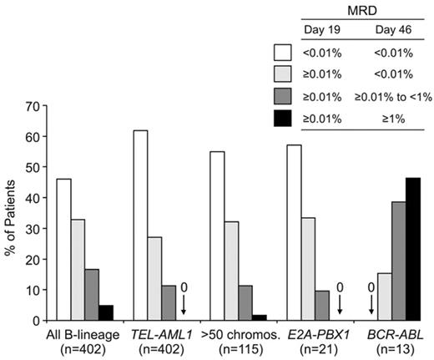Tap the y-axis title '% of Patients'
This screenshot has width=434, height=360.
click(11, 213)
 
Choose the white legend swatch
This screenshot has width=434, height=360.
click(284, 51)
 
